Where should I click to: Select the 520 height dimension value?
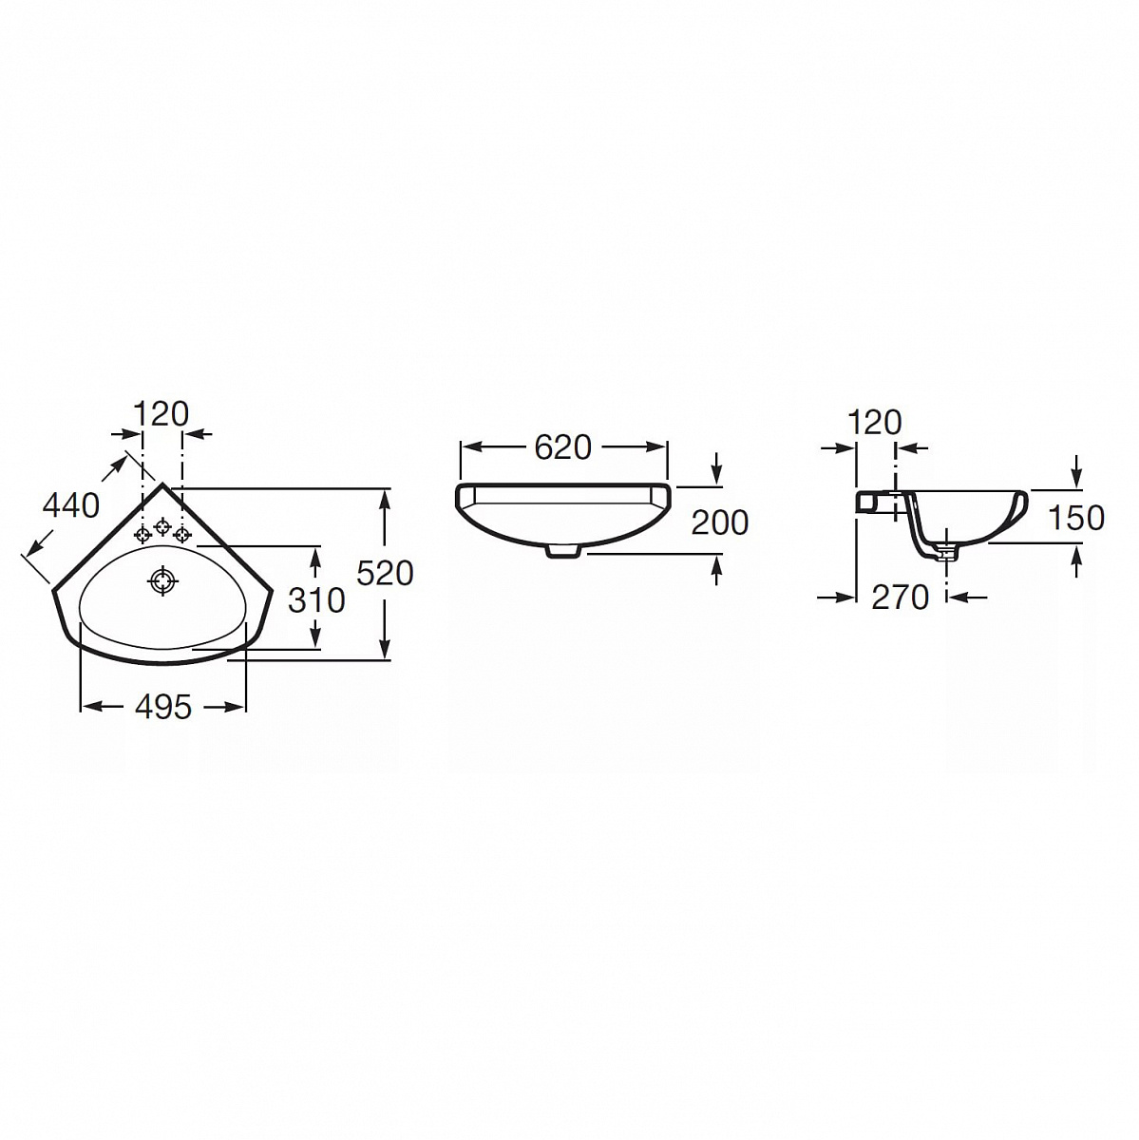(x=385, y=573)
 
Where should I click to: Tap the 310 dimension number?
(x=316, y=600)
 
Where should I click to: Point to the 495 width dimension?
(x=164, y=707)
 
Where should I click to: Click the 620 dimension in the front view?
(x=562, y=447)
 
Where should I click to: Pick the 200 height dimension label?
(x=720, y=522)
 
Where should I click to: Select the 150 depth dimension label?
(x=1075, y=518)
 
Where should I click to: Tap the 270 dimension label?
(x=900, y=598)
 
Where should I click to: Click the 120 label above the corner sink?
(x=161, y=413)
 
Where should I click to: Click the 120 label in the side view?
(x=875, y=423)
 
